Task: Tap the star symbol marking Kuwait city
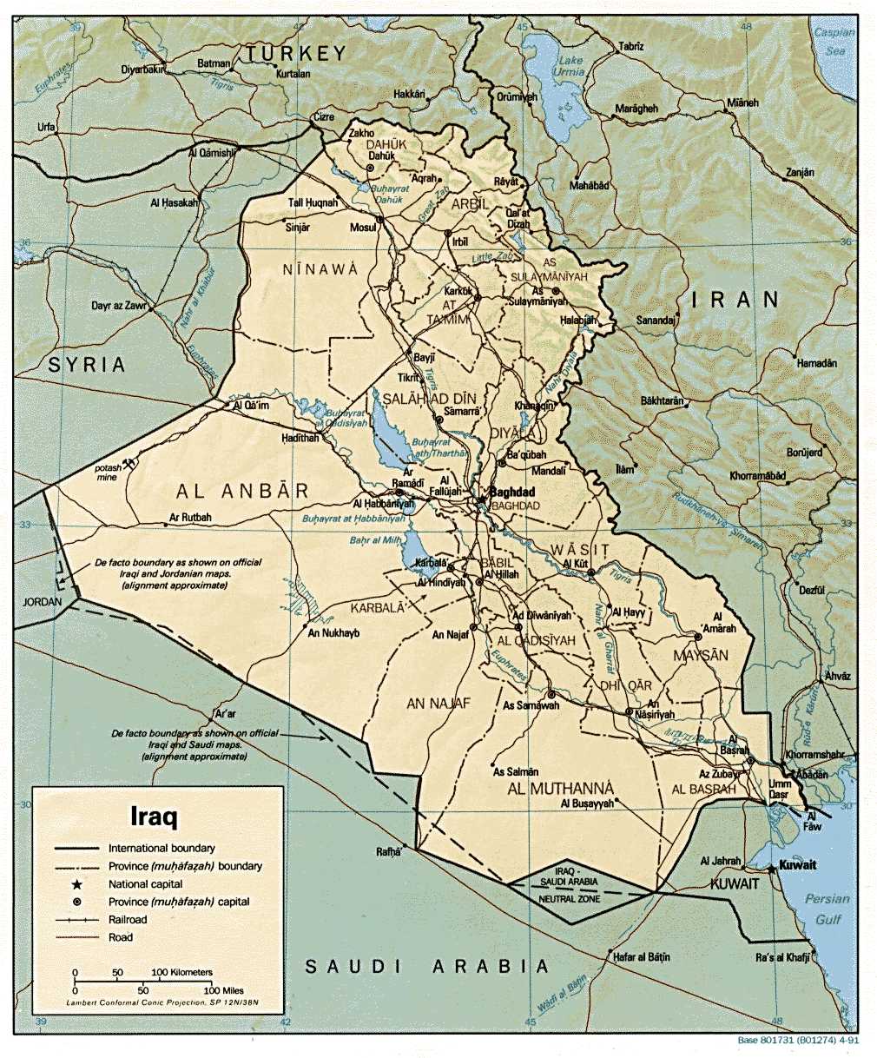pos(771,867)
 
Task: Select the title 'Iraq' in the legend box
pos(154,817)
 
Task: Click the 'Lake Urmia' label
pos(570,66)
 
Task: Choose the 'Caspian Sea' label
pos(834,42)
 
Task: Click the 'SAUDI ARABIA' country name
pos(428,966)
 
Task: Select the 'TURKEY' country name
pos(296,54)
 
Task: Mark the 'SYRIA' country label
pos(87,364)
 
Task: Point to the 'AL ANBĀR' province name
pos(242,491)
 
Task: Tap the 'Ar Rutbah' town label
pos(190,519)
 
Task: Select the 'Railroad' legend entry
pos(128,919)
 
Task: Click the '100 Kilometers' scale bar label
pos(182,972)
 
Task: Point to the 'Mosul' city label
pos(363,228)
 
